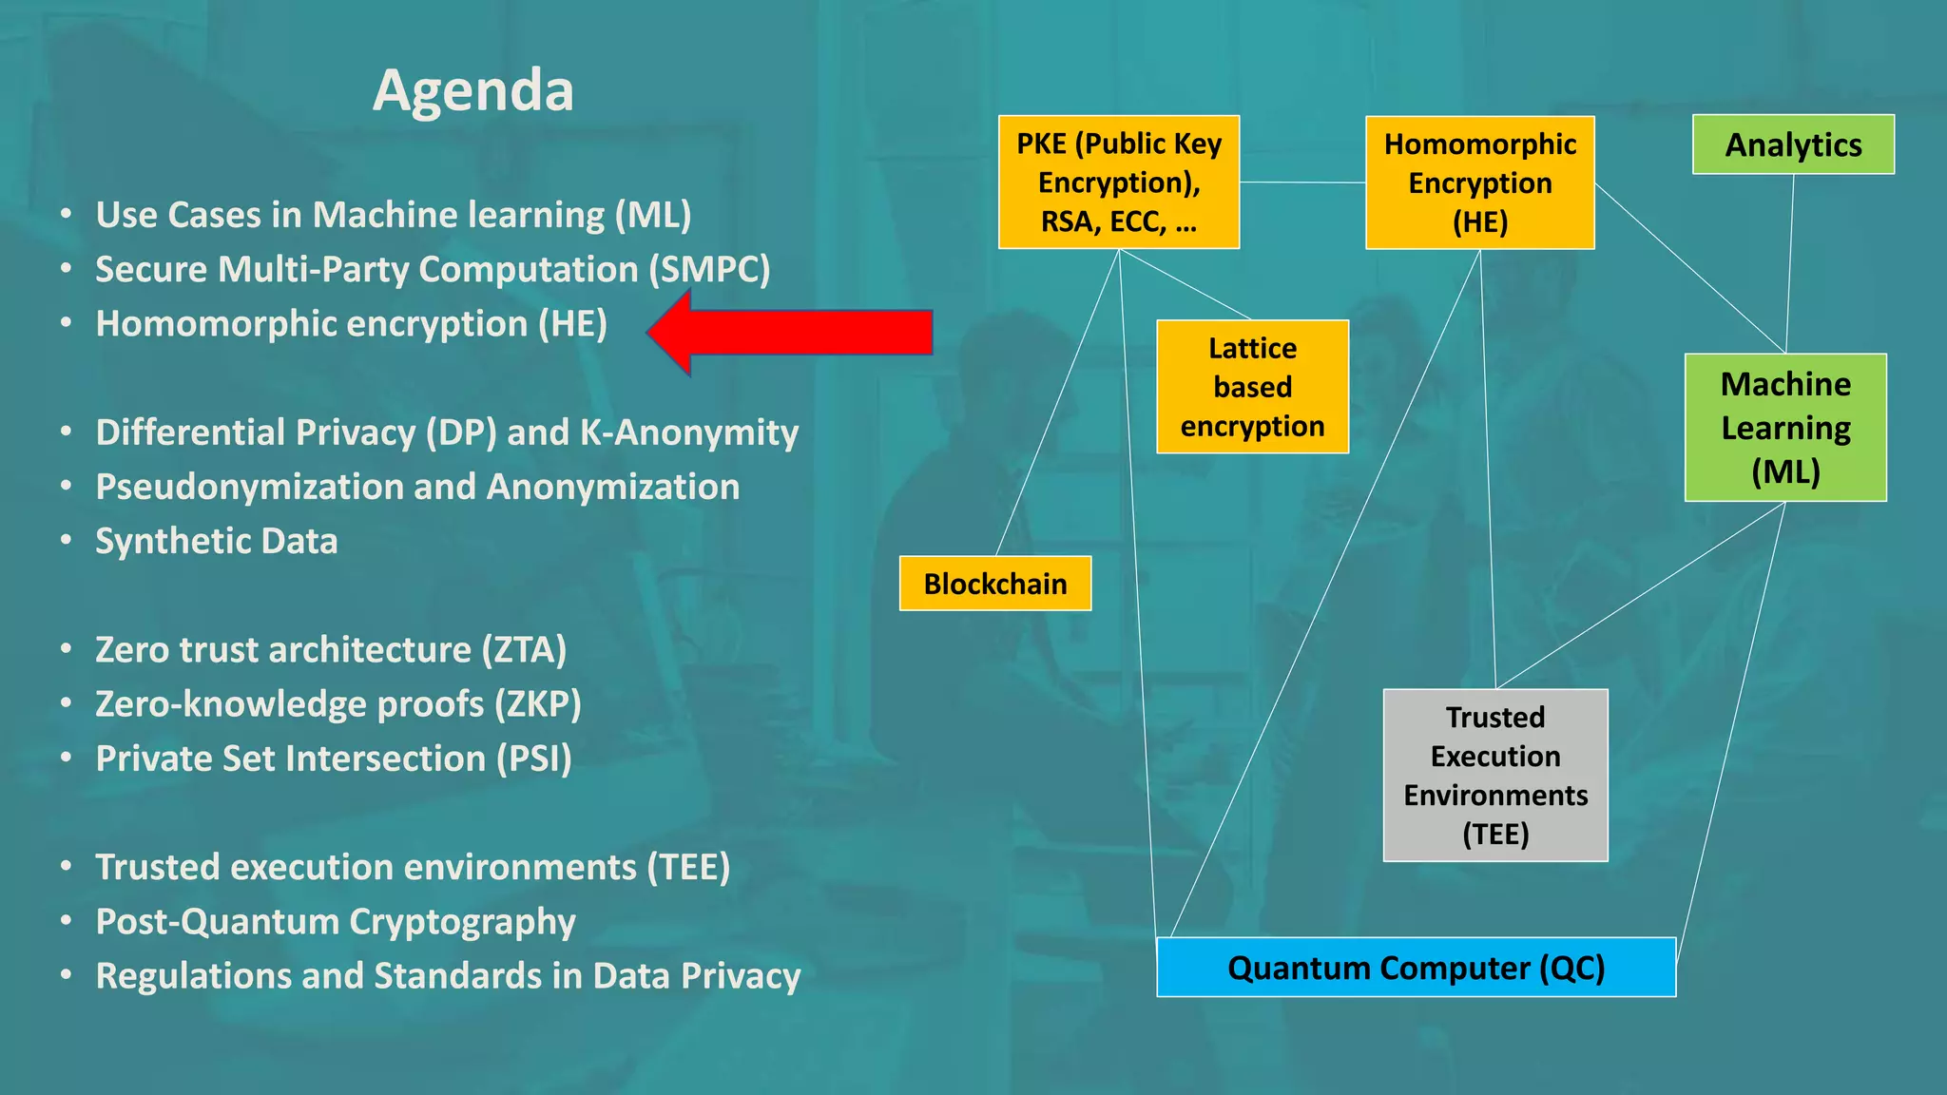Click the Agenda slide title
472,91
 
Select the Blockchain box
994,584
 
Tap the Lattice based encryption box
1252,387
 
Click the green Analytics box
1793,144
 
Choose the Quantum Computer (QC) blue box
1416,968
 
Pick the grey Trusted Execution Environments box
1495,776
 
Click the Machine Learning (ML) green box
1785,428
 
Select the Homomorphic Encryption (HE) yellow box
1479,182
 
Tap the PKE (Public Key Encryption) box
1119,182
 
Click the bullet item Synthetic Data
217,541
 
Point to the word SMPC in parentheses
709,269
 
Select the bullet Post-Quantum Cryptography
336,921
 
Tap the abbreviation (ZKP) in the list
537,704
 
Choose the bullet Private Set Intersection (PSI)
334,759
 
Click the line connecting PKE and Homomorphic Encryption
1302,182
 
